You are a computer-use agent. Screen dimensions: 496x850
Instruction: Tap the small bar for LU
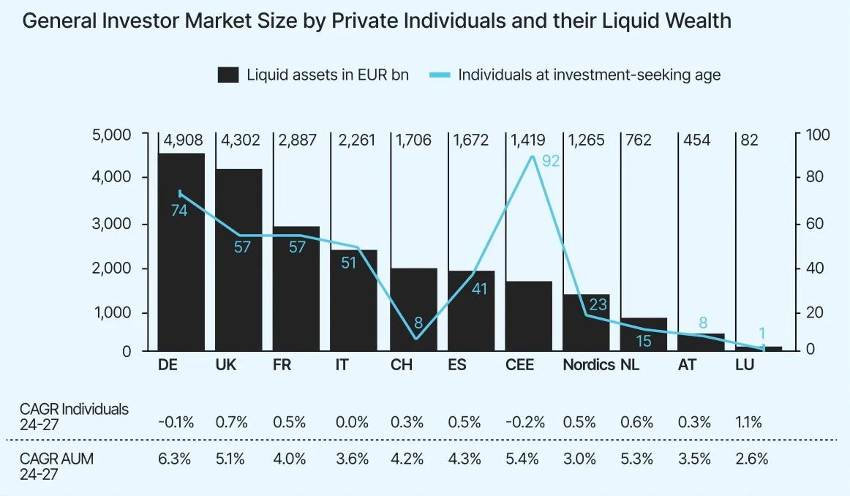coord(768,348)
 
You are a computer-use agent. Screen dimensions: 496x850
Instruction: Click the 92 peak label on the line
coord(551,161)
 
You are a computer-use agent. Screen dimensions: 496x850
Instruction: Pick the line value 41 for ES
coord(479,289)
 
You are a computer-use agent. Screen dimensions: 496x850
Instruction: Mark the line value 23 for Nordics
coord(598,304)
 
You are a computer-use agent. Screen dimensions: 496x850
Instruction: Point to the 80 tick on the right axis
coord(814,178)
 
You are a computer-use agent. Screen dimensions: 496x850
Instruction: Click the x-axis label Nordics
coord(588,365)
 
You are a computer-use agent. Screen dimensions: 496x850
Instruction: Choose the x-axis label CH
coord(401,365)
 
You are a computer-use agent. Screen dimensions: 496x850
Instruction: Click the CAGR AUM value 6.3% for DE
coord(173,459)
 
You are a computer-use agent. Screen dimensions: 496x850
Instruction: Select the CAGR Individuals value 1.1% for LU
coord(748,422)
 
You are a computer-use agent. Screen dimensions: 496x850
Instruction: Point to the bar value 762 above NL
coord(636,140)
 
